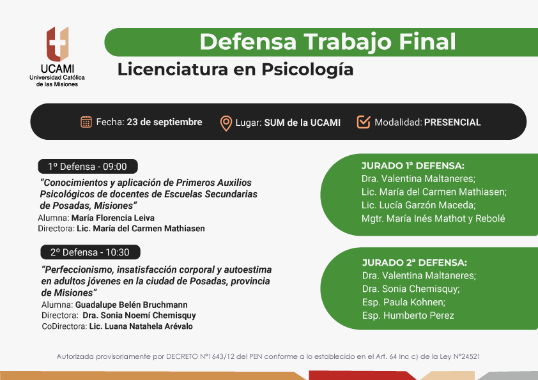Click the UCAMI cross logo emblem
point(58,44)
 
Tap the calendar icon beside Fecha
point(86,122)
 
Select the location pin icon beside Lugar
point(226,123)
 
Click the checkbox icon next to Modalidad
point(364,122)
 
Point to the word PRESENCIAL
point(452,123)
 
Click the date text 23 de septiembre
point(164,122)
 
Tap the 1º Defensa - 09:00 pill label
point(88,166)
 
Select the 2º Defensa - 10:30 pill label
point(90,252)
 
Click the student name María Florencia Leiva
point(113,218)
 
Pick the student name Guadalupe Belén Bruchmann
point(132,305)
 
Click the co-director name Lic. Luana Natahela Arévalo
point(141,326)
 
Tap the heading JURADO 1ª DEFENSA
point(413,165)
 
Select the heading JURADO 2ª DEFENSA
point(415,262)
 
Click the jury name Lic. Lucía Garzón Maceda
point(419,205)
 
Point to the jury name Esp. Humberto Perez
point(408,315)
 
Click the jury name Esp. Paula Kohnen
point(404,302)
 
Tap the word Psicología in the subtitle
point(307,70)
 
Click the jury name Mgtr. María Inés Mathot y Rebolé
point(433,218)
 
